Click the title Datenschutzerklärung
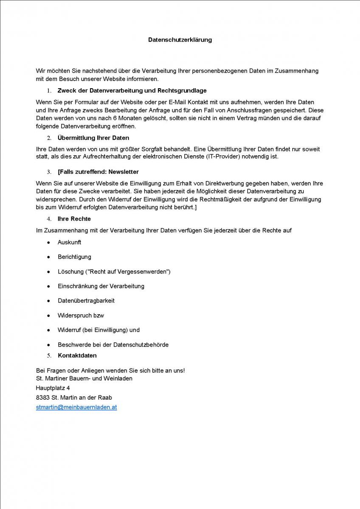[x=180, y=40]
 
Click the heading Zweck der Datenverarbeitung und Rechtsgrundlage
[x=132, y=91]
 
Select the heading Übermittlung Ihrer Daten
[x=93, y=138]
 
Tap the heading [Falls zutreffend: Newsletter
[x=98, y=172]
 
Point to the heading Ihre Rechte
[x=74, y=219]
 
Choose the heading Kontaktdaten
[x=77, y=355]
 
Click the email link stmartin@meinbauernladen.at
[x=76, y=407]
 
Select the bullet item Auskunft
[x=70, y=242]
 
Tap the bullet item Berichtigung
[x=75, y=257]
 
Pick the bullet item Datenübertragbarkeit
[x=86, y=301]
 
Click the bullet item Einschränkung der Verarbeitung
[x=101, y=286]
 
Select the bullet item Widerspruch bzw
[x=81, y=316]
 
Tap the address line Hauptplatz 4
[x=53, y=388]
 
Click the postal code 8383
[x=43, y=398]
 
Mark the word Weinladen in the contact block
[x=118, y=378]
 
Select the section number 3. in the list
[x=49, y=172]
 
